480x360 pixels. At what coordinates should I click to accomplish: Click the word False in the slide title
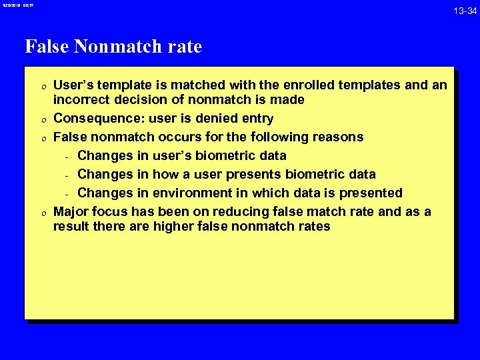[x=47, y=47]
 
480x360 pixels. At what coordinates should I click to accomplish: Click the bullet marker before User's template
[x=42, y=86]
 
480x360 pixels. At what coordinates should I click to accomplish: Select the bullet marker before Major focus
[x=42, y=213]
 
